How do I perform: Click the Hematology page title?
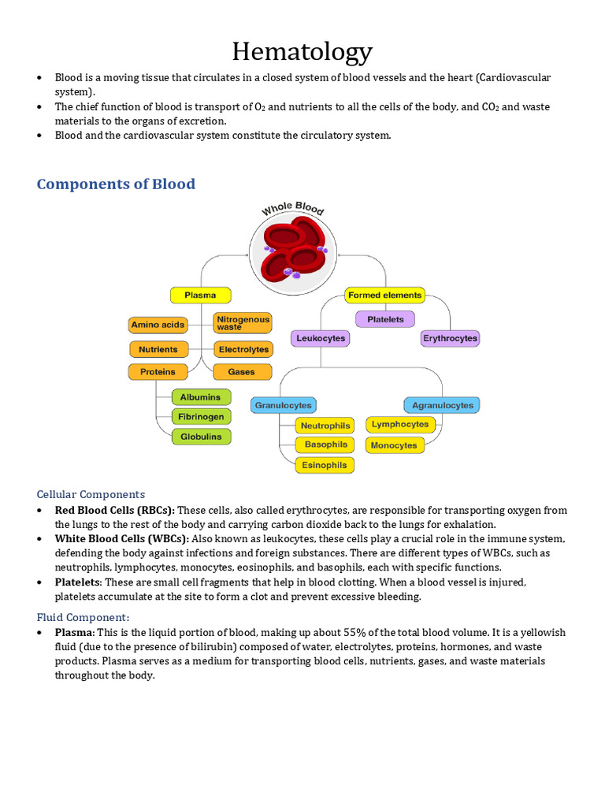tap(302, 52)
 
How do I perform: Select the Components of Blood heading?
tap(116, 184)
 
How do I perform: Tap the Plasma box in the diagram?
tap(200, 296)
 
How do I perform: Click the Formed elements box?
tap(384, 296)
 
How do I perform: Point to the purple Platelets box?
tap(384, 319)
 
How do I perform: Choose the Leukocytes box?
tap(320, 338)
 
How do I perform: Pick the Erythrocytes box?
tap(450, 338)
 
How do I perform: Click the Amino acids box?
tap(158, 325)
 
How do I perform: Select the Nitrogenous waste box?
tap(243, 323)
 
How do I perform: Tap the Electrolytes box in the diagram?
tap(243, 349)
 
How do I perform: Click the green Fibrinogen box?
tap(202, 416)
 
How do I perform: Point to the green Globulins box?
tap(202, 437)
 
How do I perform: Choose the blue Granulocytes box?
tap(284, 405)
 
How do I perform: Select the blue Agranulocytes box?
tap(442, 405)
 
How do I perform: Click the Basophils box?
tap(325, 444)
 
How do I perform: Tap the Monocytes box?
tap(394, 445)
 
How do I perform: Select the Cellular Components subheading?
tap(91, 494)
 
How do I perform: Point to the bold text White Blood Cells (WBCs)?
tap(121, 538)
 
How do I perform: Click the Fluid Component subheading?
tap(84, 616)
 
